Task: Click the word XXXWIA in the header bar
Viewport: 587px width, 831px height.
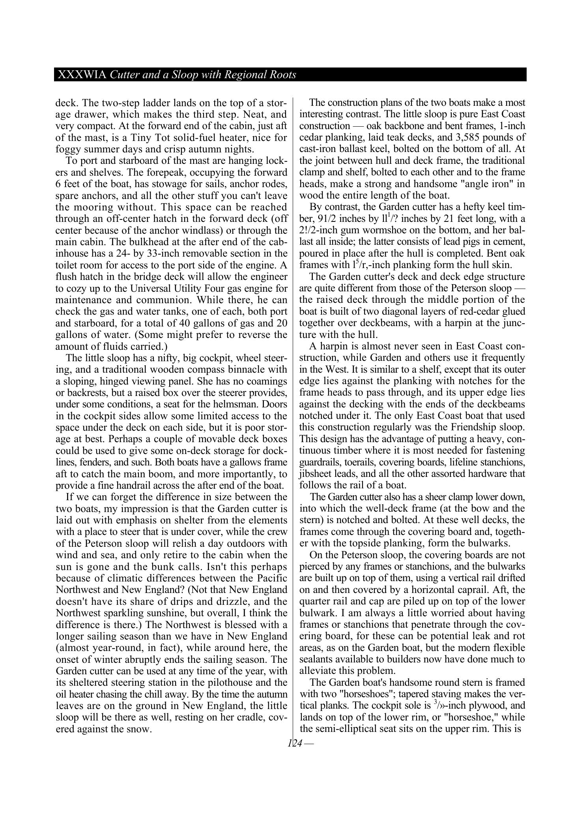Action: [82, 75]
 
